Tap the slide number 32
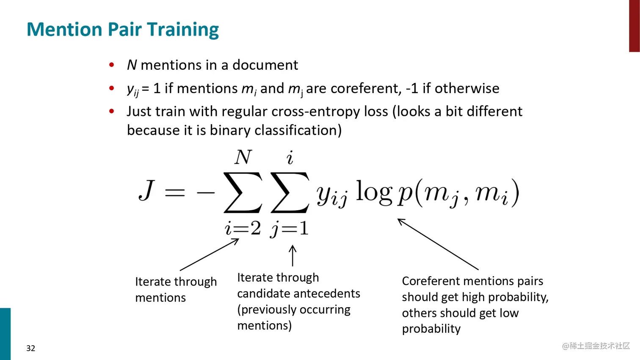(x=30, y=348)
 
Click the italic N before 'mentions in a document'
(x=132, y=65)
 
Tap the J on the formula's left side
(x=147, y=190)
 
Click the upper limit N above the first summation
(x=243, y=157)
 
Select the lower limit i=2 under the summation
(x=243, y=228)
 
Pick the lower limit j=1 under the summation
(x=290, y=229)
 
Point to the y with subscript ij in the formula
(x=332, y=195)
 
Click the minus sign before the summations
(x=206, y=193)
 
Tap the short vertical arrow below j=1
(x=292, y=256)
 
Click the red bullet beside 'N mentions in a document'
(x=112, y=65)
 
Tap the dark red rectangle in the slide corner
(x=634, y=26)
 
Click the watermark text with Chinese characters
(x=596, y=346)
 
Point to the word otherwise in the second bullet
(x=467, y=88)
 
